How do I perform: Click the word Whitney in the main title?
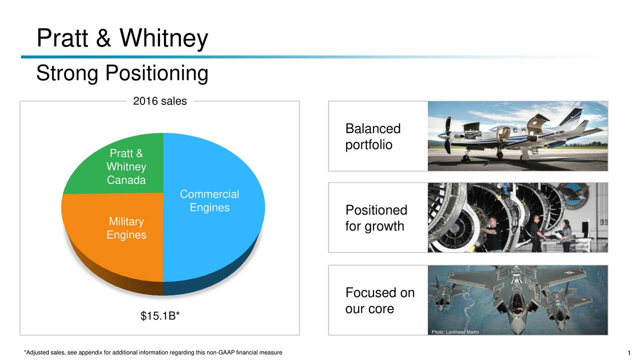click(x=163, y=38)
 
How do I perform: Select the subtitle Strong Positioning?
click(x=122, y=73)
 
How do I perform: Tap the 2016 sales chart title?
click(x=159, y=101)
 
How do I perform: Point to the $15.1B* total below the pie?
click(x=160, y=315)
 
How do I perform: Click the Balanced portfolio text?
click(x=373, y=136)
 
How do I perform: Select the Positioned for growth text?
click(x=376, y=218)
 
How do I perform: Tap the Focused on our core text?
click(x=379, y=300)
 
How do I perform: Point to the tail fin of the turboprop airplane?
click(x=571, y=117)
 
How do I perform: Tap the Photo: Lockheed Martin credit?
click(x=455, y=332)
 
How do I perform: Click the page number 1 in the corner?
click(x=629, y=353)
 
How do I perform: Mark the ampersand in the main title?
click(x=103, y=38)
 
